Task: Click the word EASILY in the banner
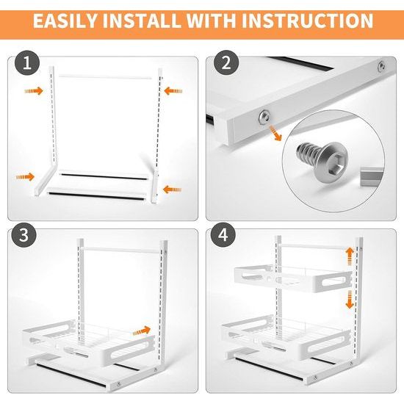(x=65, y=21)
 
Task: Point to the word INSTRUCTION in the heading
(x=307, y=21)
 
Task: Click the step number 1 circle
(x=27, y=63)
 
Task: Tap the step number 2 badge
(x=226, y=62)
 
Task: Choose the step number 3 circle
(x=24, y=235)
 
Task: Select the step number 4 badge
(x=223, y=235)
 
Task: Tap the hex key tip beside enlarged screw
(x=372, y=176)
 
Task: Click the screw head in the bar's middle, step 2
(x=264, y=118)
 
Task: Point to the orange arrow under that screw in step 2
(x=275, y=134)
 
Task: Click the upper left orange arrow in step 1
(x=34, y=90)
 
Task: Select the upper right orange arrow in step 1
(x=173, y=90)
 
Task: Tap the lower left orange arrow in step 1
(x=25, y=177)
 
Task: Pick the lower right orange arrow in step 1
(x=172, y=190)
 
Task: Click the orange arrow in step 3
(x=142, y=331)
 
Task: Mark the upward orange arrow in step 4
(x=350, y=256)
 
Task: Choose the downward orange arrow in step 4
(x=350, y=300)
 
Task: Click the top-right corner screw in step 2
(x=381, y=66)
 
